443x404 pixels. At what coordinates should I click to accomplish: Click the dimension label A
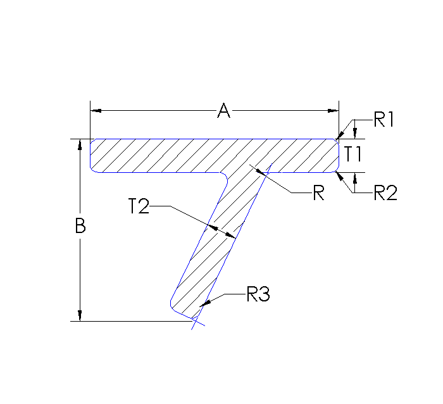pos(223,111)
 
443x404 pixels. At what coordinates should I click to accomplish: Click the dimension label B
pos(80,226)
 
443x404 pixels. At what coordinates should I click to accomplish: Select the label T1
pos(353,154)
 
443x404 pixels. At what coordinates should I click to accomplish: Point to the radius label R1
pos(384,120)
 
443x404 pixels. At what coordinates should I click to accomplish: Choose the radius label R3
pos(258,294)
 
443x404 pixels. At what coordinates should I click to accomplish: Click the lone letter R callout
pos(318,193)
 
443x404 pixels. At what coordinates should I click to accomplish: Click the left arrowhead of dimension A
pos(96,111)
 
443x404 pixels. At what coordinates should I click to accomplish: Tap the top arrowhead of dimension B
pos(80,144)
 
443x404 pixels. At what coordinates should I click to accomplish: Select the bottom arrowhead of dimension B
pos(80,316)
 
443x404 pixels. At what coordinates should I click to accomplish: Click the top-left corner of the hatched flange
pos(91,139)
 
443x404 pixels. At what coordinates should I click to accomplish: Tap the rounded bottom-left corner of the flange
pos(93,169)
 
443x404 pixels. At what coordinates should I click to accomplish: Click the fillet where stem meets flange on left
pos(225,175)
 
